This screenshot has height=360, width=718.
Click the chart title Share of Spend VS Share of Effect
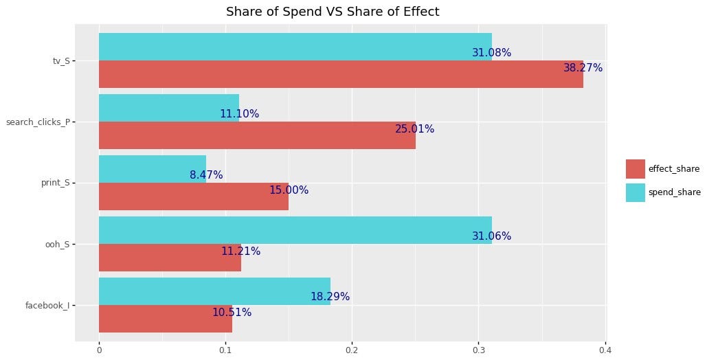pos(333,12)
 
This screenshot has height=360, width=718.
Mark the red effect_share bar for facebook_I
pos(166,319)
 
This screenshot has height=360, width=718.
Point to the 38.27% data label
pos(583,68)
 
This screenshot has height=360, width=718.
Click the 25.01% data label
pos(414,129)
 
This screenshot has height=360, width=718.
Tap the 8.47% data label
pos(206,175)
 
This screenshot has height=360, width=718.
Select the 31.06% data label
pos(491,236)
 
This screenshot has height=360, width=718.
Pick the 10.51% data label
pos(232,313)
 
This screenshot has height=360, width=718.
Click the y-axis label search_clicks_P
pos(37,122)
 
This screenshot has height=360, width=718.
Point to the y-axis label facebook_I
pos(47,306)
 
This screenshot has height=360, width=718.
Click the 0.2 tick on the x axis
pos(352,350)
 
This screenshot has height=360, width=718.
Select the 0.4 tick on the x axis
pos(605,350)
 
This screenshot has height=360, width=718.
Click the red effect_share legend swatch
pos(635,169)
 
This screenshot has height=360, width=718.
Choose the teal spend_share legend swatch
pos(635,192)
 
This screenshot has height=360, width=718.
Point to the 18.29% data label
pos(330,297)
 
